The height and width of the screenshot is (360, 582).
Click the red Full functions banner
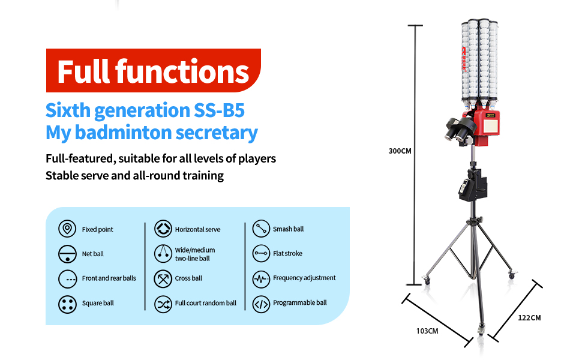click(153, 71)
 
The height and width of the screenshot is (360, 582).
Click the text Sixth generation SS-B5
click(145, 110)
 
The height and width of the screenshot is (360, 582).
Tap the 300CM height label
click(400, 151)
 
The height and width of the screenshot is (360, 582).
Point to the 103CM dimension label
click(427, 331)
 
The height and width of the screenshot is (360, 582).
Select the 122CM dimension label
click(529, 317)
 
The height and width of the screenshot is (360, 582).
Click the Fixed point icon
click(67, 229)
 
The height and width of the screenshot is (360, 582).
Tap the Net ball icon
click(67, 254)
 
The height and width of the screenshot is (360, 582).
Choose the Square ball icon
click(67, 304)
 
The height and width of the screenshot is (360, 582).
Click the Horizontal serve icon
click(163, 229)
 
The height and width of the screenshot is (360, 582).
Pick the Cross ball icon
click(163, 278)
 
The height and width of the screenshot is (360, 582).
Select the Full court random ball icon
click(163, 304)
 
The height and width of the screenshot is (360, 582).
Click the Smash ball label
click(288, 229)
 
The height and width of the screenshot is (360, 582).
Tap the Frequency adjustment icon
click(261, 278)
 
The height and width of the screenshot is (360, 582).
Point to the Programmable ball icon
click(261, 304)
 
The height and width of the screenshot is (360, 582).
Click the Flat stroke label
click(287, 254)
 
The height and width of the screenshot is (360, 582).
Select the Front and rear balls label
click(109, 278)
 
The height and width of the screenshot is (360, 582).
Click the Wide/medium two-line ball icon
click(163, 254)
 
